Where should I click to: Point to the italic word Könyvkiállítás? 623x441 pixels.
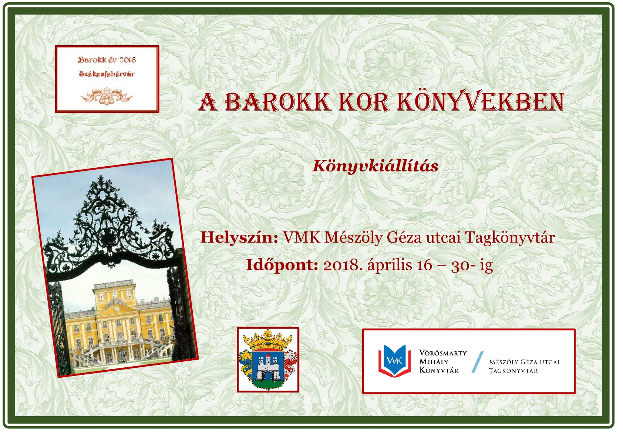[x=376, y=166]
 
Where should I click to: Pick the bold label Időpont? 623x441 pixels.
[x=282, y=265]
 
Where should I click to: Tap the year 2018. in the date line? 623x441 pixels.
[x=343, y=265]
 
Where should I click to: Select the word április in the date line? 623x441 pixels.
[x=390, y=265]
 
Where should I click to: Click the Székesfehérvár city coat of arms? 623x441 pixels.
[x=268, y=360]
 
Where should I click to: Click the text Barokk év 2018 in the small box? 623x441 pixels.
[x=107, y=60]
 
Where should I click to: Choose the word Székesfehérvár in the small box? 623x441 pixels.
[x=107, y=74]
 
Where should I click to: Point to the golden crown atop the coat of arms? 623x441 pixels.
[x=268, y=340]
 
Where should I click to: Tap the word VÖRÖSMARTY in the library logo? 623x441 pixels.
[x=443, y=353]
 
